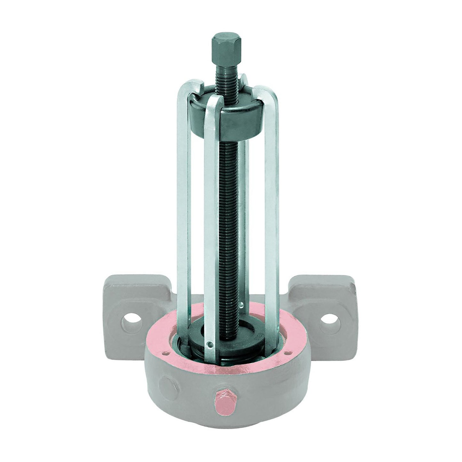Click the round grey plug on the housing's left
(x=167, y=383)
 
